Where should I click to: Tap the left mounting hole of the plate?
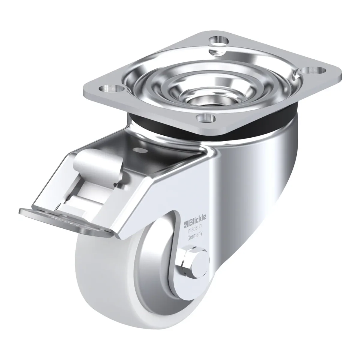tap(112, 88)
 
